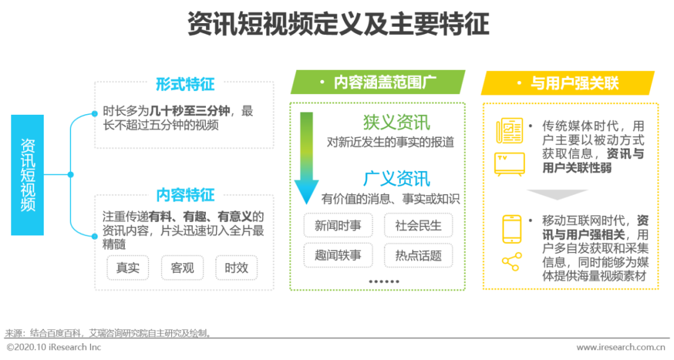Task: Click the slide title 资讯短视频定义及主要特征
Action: pos(338,26)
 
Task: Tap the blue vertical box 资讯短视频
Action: pos(28,175)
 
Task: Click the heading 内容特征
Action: pos(185,195)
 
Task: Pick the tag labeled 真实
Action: pos(128,268)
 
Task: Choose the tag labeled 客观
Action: pos(182,268)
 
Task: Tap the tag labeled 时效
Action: pos(237,268)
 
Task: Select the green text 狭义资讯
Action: pos(396,122)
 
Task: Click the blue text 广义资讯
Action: pos(396,178)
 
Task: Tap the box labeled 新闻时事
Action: pos(338,225)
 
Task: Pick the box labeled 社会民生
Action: pos(418,225)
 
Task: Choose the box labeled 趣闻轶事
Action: pos(338,255)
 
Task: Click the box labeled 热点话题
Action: pos(418,255)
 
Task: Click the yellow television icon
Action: pos(509,163)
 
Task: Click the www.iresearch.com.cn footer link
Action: pos(620,348)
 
